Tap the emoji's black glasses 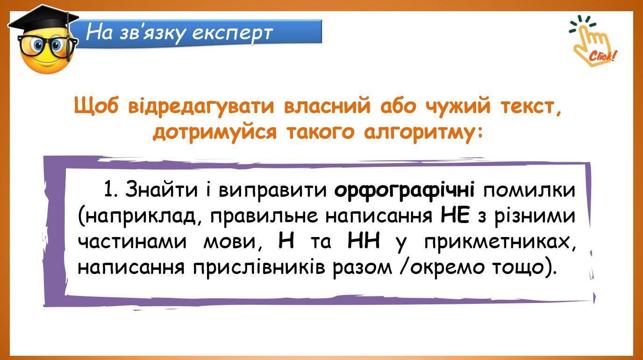click(48, 46)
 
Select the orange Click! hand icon click(592, 41)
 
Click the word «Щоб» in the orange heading click(96, 106)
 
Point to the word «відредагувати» click(201, 106)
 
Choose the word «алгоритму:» click(423, 132)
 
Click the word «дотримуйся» click(214, 133)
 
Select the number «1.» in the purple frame click(110, 190)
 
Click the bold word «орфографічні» click(405, 190)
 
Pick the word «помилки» click(529, 190)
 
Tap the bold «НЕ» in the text click(455, 216)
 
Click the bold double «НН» click(364, 241)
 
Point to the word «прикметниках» click(500, 243)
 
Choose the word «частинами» click(132, 242)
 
